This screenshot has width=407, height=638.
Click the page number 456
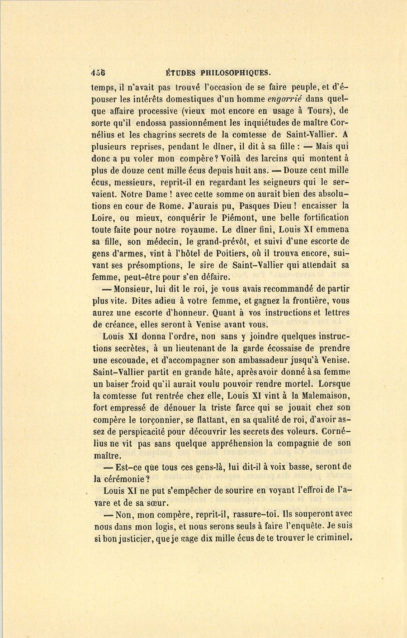[98, 72]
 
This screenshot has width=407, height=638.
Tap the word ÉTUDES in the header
[180, 72]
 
